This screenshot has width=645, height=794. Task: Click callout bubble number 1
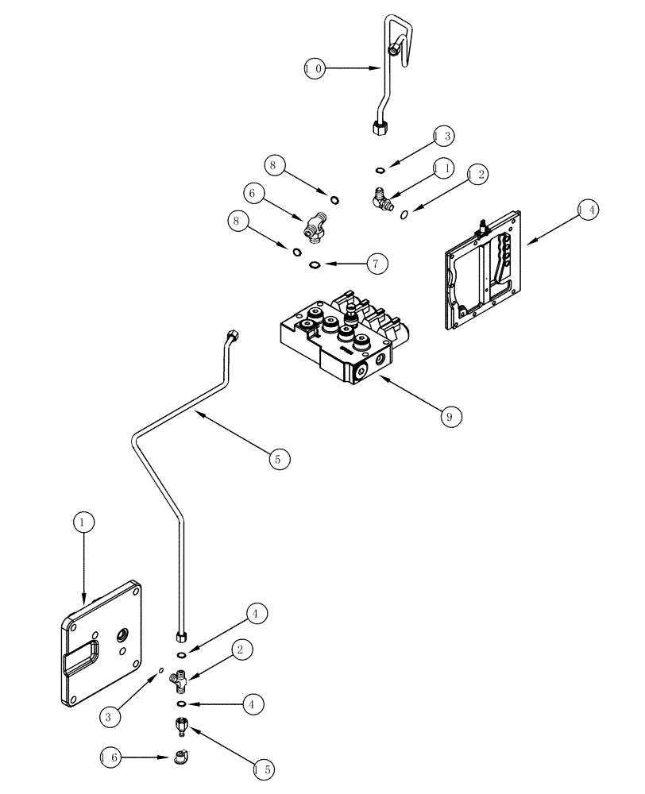click(x=85, y=522)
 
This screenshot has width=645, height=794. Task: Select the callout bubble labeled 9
click(x=451, y=414)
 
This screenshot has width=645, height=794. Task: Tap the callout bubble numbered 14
click(x=589, y=210)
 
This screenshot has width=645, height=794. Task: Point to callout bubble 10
click(x=315, y=69)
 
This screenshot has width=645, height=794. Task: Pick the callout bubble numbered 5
click(x=279, y=458)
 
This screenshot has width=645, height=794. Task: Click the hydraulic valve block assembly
click(x=338, y=341)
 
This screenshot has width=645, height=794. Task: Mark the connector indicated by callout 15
click(x=181, y=724)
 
